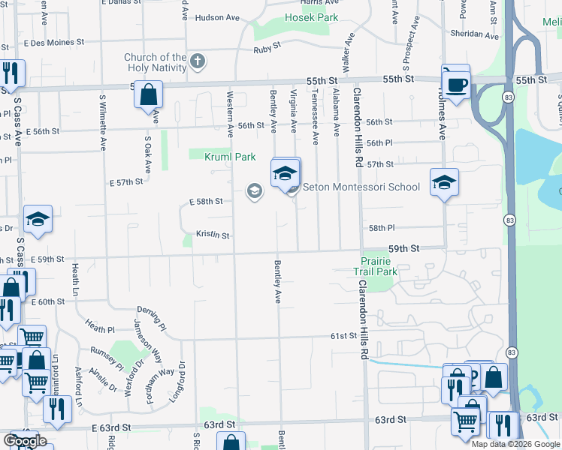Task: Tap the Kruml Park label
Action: click(230, 156)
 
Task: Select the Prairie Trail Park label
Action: click(376, 266)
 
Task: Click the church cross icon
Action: click(198, 61)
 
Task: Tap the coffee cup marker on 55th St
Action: click(456, 83)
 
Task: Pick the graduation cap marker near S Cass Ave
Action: click(38, 220)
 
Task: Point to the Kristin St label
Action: click(213, 235)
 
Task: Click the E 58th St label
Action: click(206, 202)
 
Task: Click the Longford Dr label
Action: click(176, 382)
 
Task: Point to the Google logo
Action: click(26, 441)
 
